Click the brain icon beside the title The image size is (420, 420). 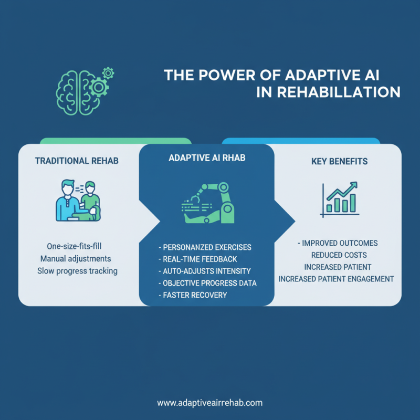click(78, 92)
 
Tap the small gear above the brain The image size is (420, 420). click(108, 73)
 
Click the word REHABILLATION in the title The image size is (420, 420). click(338, 92)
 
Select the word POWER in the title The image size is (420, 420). click(227, 75)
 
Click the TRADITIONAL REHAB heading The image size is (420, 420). click(77, 161)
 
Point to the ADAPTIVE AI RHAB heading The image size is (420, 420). click(207, 158)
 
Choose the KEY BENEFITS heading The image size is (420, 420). click(339, 161)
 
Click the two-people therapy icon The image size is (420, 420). click(78, 201)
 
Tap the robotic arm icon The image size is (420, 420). click(208, 203)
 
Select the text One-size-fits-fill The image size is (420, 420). click(74, 246)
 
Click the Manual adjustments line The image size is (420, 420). click(76, 259)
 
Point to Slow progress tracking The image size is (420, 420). click(77, 271)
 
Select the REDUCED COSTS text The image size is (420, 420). click(339, 255)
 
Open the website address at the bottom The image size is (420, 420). click(209, 403)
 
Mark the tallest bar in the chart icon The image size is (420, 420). click(353, 203)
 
